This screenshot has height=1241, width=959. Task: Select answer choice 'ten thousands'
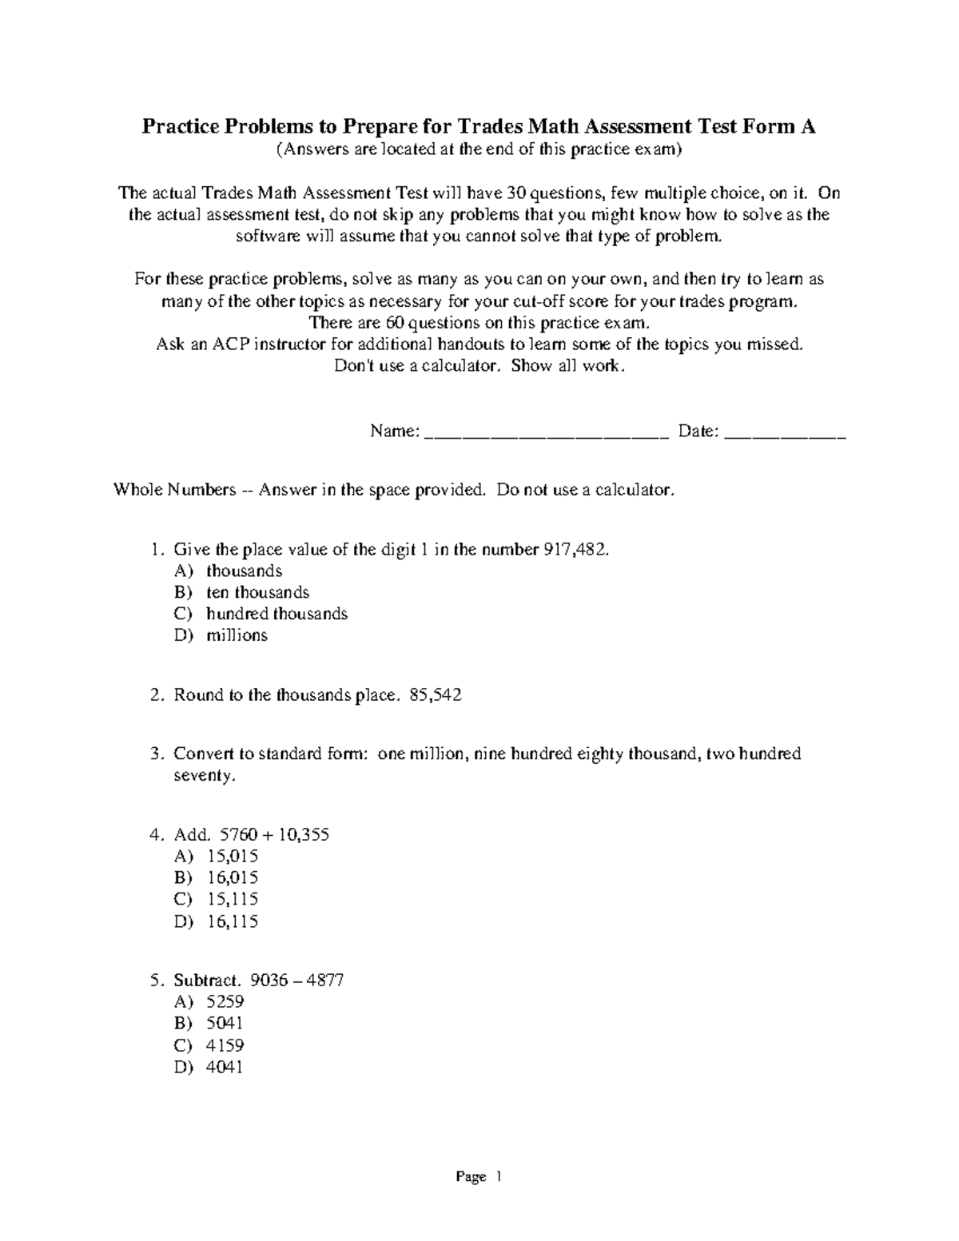click(257, 592)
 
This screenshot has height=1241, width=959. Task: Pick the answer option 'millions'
click(237, 635)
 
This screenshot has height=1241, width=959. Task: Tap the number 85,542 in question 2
click(435, 695)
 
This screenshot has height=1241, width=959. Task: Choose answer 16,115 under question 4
click(232, 921)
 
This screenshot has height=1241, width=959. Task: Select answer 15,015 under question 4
click(232, 857)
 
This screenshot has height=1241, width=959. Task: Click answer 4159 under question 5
click(225, 1045)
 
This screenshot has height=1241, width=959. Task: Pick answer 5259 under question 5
click(225, 1002)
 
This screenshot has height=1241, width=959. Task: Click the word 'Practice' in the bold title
click(182, 126)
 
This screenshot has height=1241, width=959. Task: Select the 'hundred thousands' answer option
click(277, 614)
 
